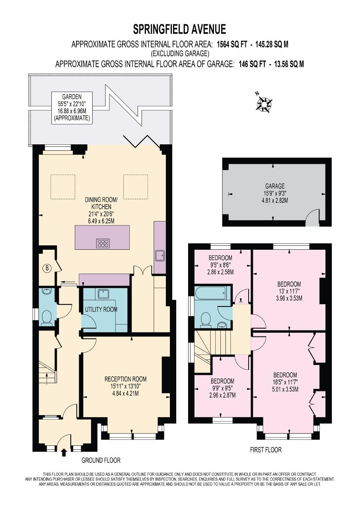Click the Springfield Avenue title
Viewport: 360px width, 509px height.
pos(179,29)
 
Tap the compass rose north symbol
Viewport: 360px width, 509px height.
pos(264,104)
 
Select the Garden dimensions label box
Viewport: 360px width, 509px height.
pos(72,108)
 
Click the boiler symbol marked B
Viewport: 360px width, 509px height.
pos(47,268)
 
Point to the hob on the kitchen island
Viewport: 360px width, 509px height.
pos(103,243)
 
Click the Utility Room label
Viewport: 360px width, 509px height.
pos(101,309)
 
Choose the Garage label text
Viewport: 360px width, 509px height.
pos(275,187)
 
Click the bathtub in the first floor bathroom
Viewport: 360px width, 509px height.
pos(210,293)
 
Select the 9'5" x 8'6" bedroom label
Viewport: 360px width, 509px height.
pos(220,265)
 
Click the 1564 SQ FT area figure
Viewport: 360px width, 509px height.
pos(232,44)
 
